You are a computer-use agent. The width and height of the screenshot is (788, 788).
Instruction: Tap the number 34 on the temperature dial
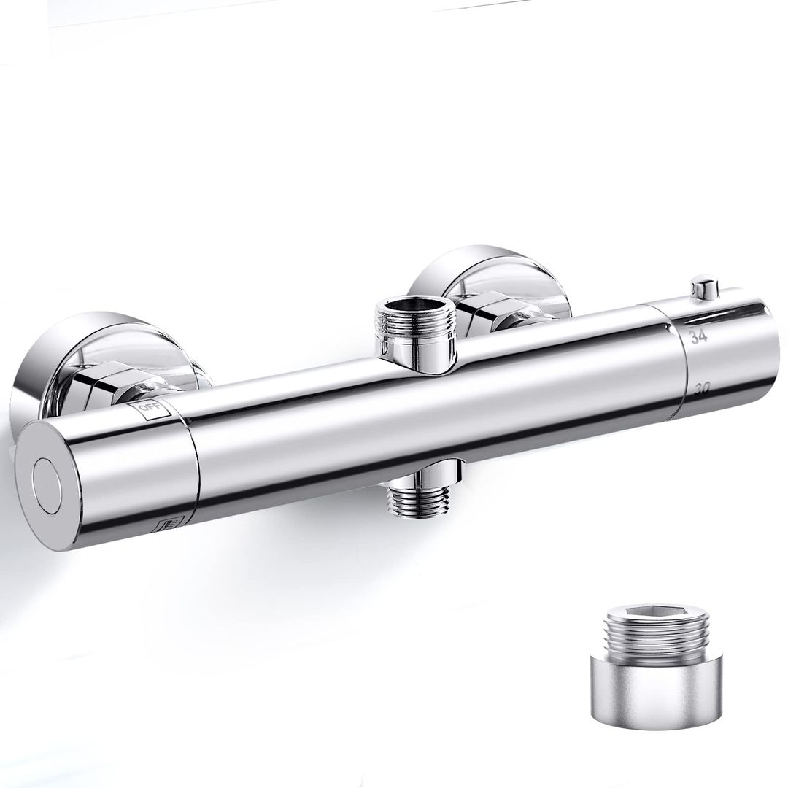(699, 336)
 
